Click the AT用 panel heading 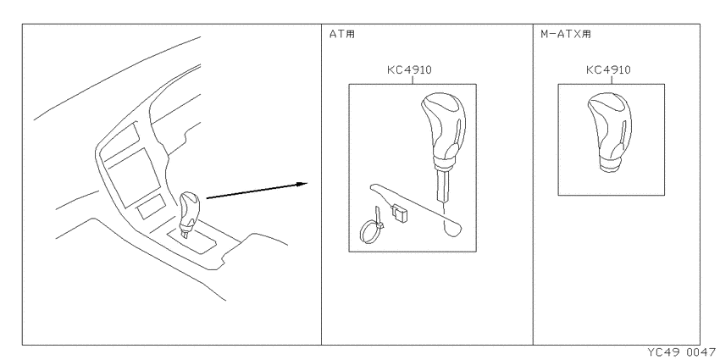click(342, 34)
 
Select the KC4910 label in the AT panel click(409, 70)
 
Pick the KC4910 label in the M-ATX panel click(608, 69)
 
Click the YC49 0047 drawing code click(684, 352)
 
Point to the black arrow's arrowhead click(302, 184)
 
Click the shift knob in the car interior click(189, 214)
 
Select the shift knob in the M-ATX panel click(610, 133)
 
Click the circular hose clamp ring click(370, 231)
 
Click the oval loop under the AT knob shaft click(453, 228)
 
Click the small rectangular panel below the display click(152, 205)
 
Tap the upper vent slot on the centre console click(119, 143)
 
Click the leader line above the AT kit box click(413, 80)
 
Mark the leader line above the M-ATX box click(612, 80)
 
